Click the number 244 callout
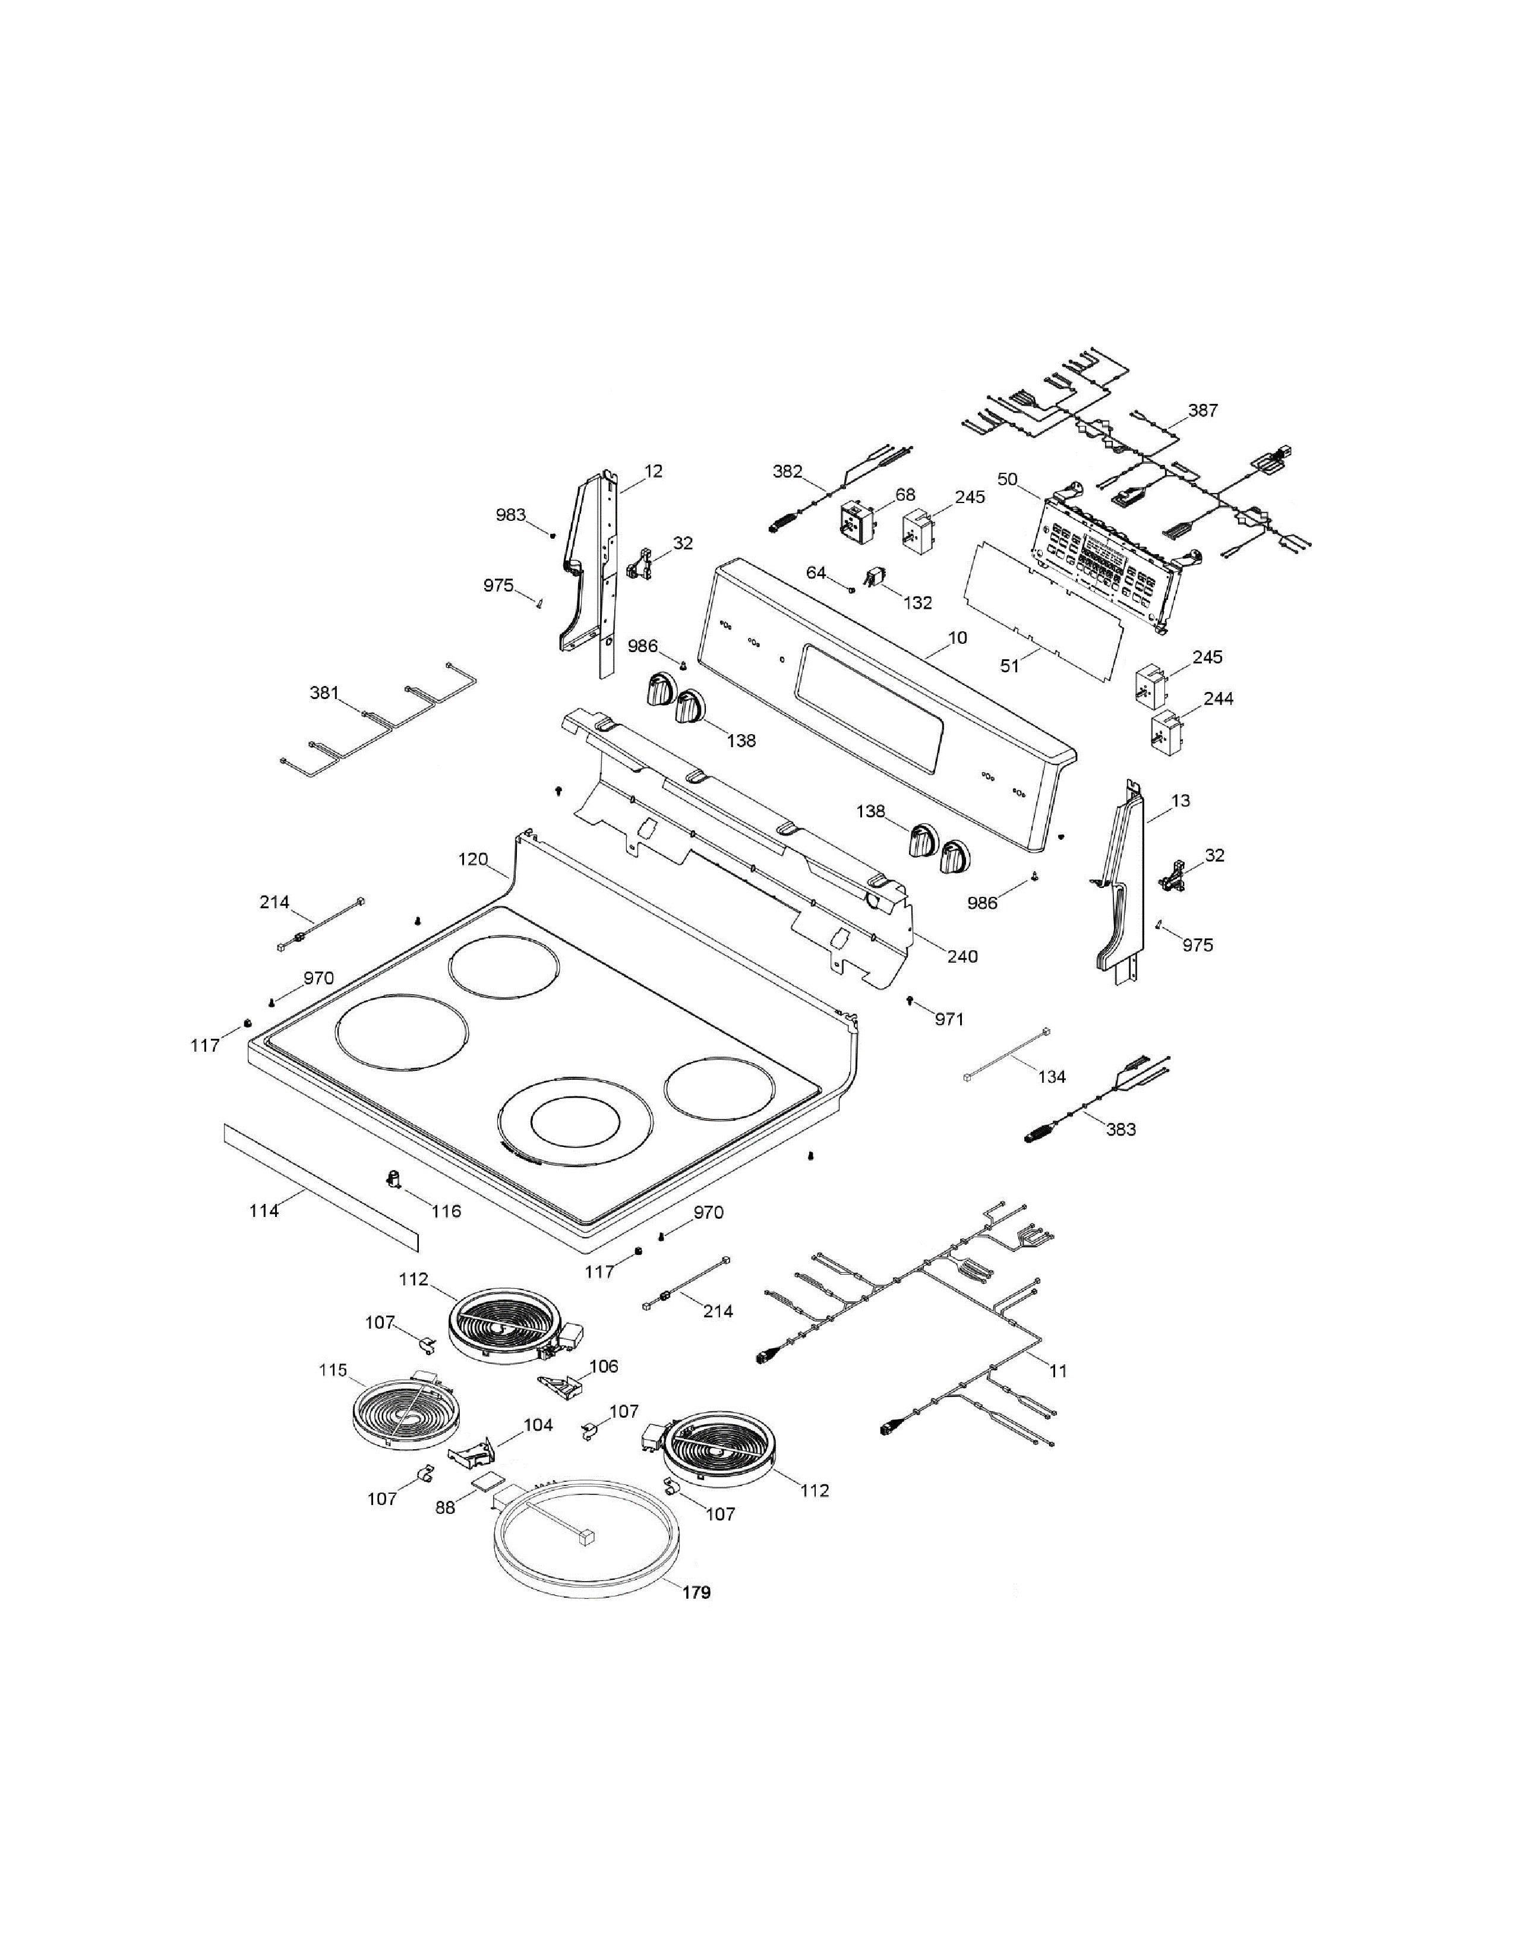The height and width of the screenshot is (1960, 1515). click(x=1218, y=698)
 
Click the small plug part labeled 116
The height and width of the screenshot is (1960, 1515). click(x=393, y=1178)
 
